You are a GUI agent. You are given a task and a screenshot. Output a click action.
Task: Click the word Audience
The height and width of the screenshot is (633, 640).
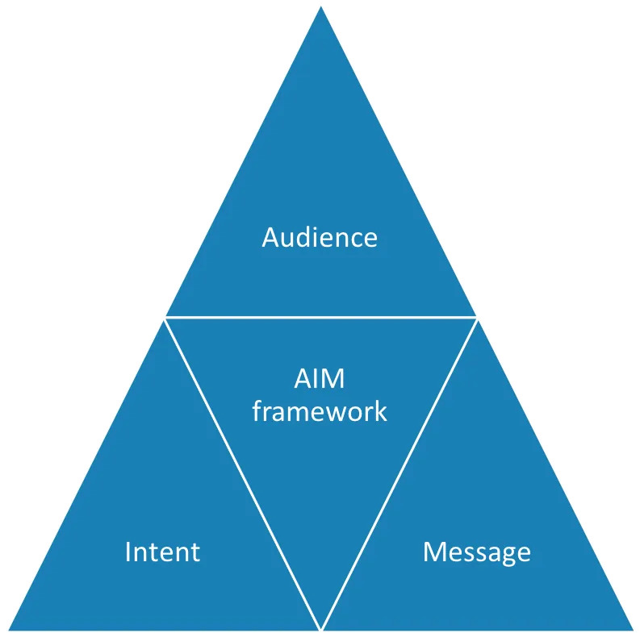coord(320,237)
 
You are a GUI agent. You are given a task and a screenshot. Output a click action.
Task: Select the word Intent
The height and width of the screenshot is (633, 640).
coord(162,552)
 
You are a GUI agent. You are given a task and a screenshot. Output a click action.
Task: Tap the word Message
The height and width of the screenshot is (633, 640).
coord(477,553)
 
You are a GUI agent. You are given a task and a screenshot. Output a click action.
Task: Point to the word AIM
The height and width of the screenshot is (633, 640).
coord(320,379)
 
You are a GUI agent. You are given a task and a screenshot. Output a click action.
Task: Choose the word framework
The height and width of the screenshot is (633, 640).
coord(320,410)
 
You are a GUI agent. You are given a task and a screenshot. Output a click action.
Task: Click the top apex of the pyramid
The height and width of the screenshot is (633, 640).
coord(321,6)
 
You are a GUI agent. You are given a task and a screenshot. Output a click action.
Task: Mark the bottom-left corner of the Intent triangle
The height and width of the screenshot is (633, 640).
coord(9,630)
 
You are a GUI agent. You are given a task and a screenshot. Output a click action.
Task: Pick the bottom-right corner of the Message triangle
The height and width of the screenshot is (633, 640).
coord(634,630)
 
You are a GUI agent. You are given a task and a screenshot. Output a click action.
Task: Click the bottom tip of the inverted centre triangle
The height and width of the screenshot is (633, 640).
coord(321,629)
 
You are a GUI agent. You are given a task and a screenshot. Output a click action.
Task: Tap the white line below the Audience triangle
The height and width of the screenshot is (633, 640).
coord(321,317)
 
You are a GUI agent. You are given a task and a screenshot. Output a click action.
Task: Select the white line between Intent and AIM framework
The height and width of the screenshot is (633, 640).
coord(242,475)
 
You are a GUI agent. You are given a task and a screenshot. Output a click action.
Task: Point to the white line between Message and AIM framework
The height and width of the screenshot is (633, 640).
coord(399,475)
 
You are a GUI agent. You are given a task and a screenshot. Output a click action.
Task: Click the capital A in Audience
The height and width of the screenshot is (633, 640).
coord(271,237)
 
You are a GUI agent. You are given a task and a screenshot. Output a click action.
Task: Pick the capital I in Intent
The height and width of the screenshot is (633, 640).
coord(128,552)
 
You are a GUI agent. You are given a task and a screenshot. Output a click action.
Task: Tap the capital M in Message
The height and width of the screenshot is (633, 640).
coord(433,552)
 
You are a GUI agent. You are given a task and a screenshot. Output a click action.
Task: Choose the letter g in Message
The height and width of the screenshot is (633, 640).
coord(509,556)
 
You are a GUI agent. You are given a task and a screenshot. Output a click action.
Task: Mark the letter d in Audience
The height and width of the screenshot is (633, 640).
coord(311,236)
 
